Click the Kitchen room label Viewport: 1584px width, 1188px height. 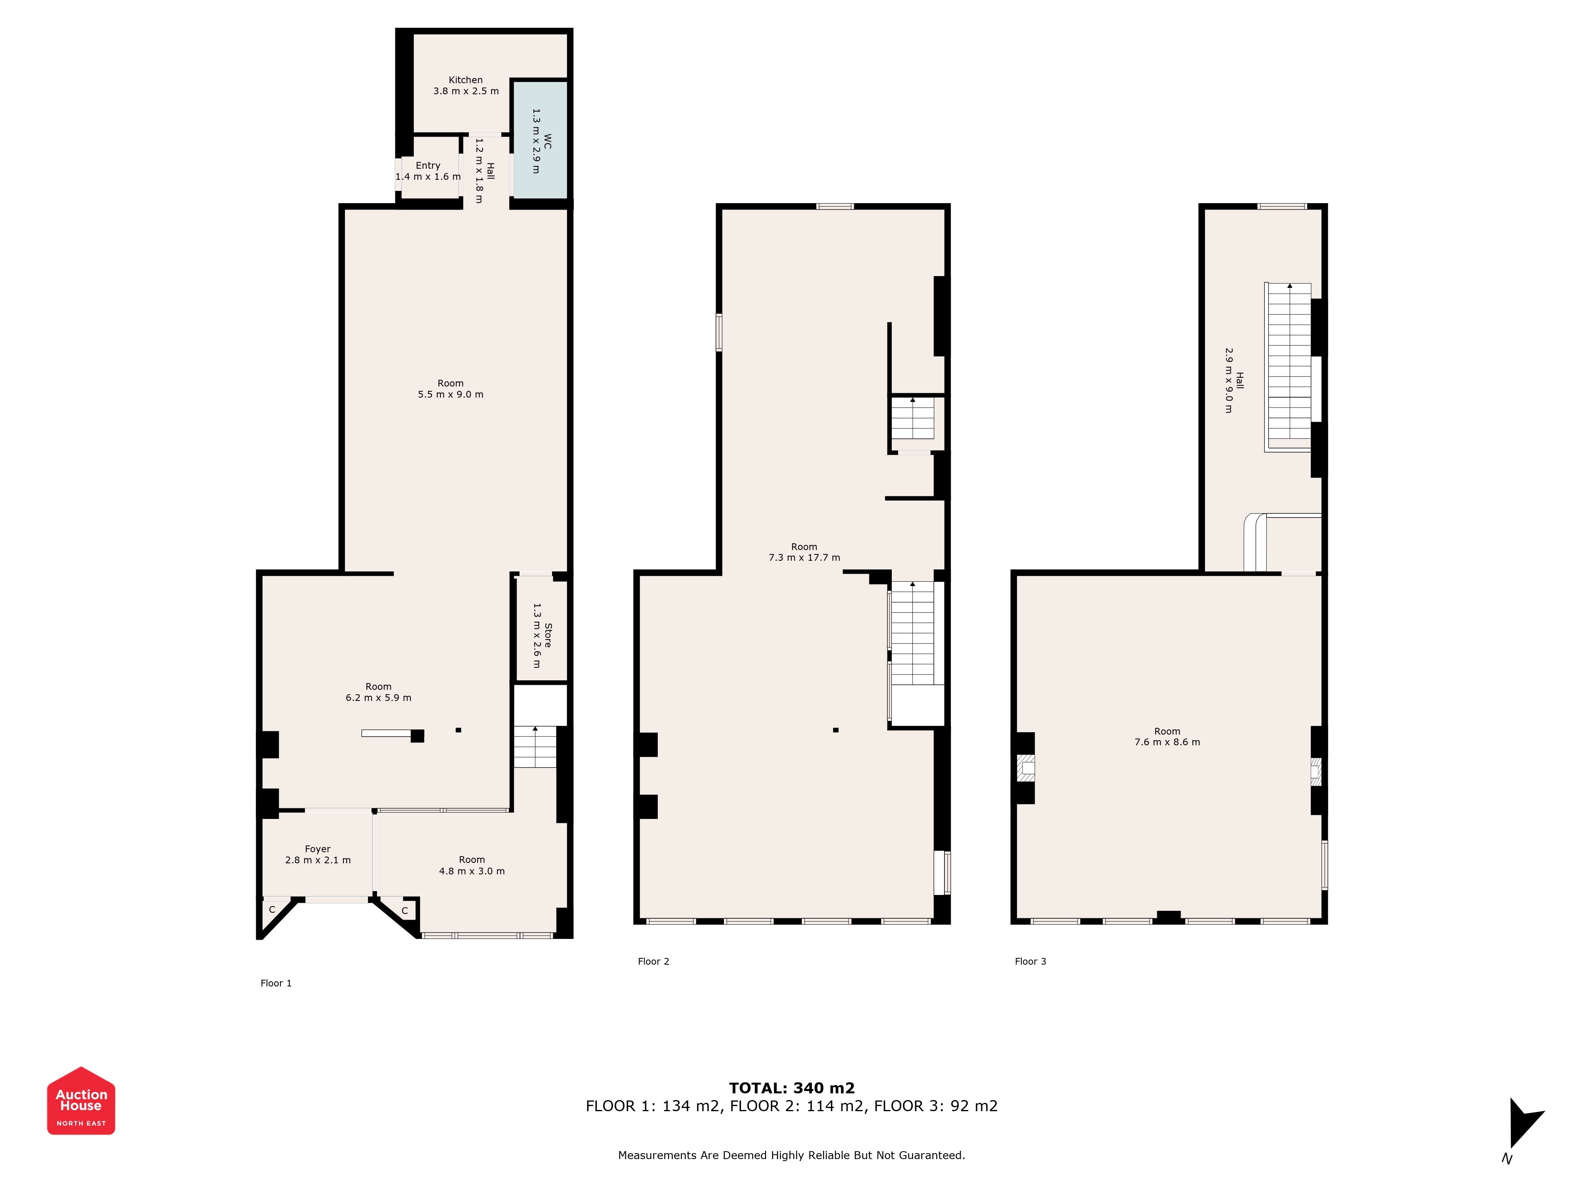click(465, 80)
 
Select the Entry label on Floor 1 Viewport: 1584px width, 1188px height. click(428, 166)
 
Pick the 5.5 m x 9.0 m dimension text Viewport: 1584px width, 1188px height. click(450, 394)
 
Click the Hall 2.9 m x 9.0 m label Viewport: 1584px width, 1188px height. click(1234, 380)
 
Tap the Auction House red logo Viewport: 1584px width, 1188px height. click(81, 1100)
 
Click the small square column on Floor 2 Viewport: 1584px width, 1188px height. click(836, 730)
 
